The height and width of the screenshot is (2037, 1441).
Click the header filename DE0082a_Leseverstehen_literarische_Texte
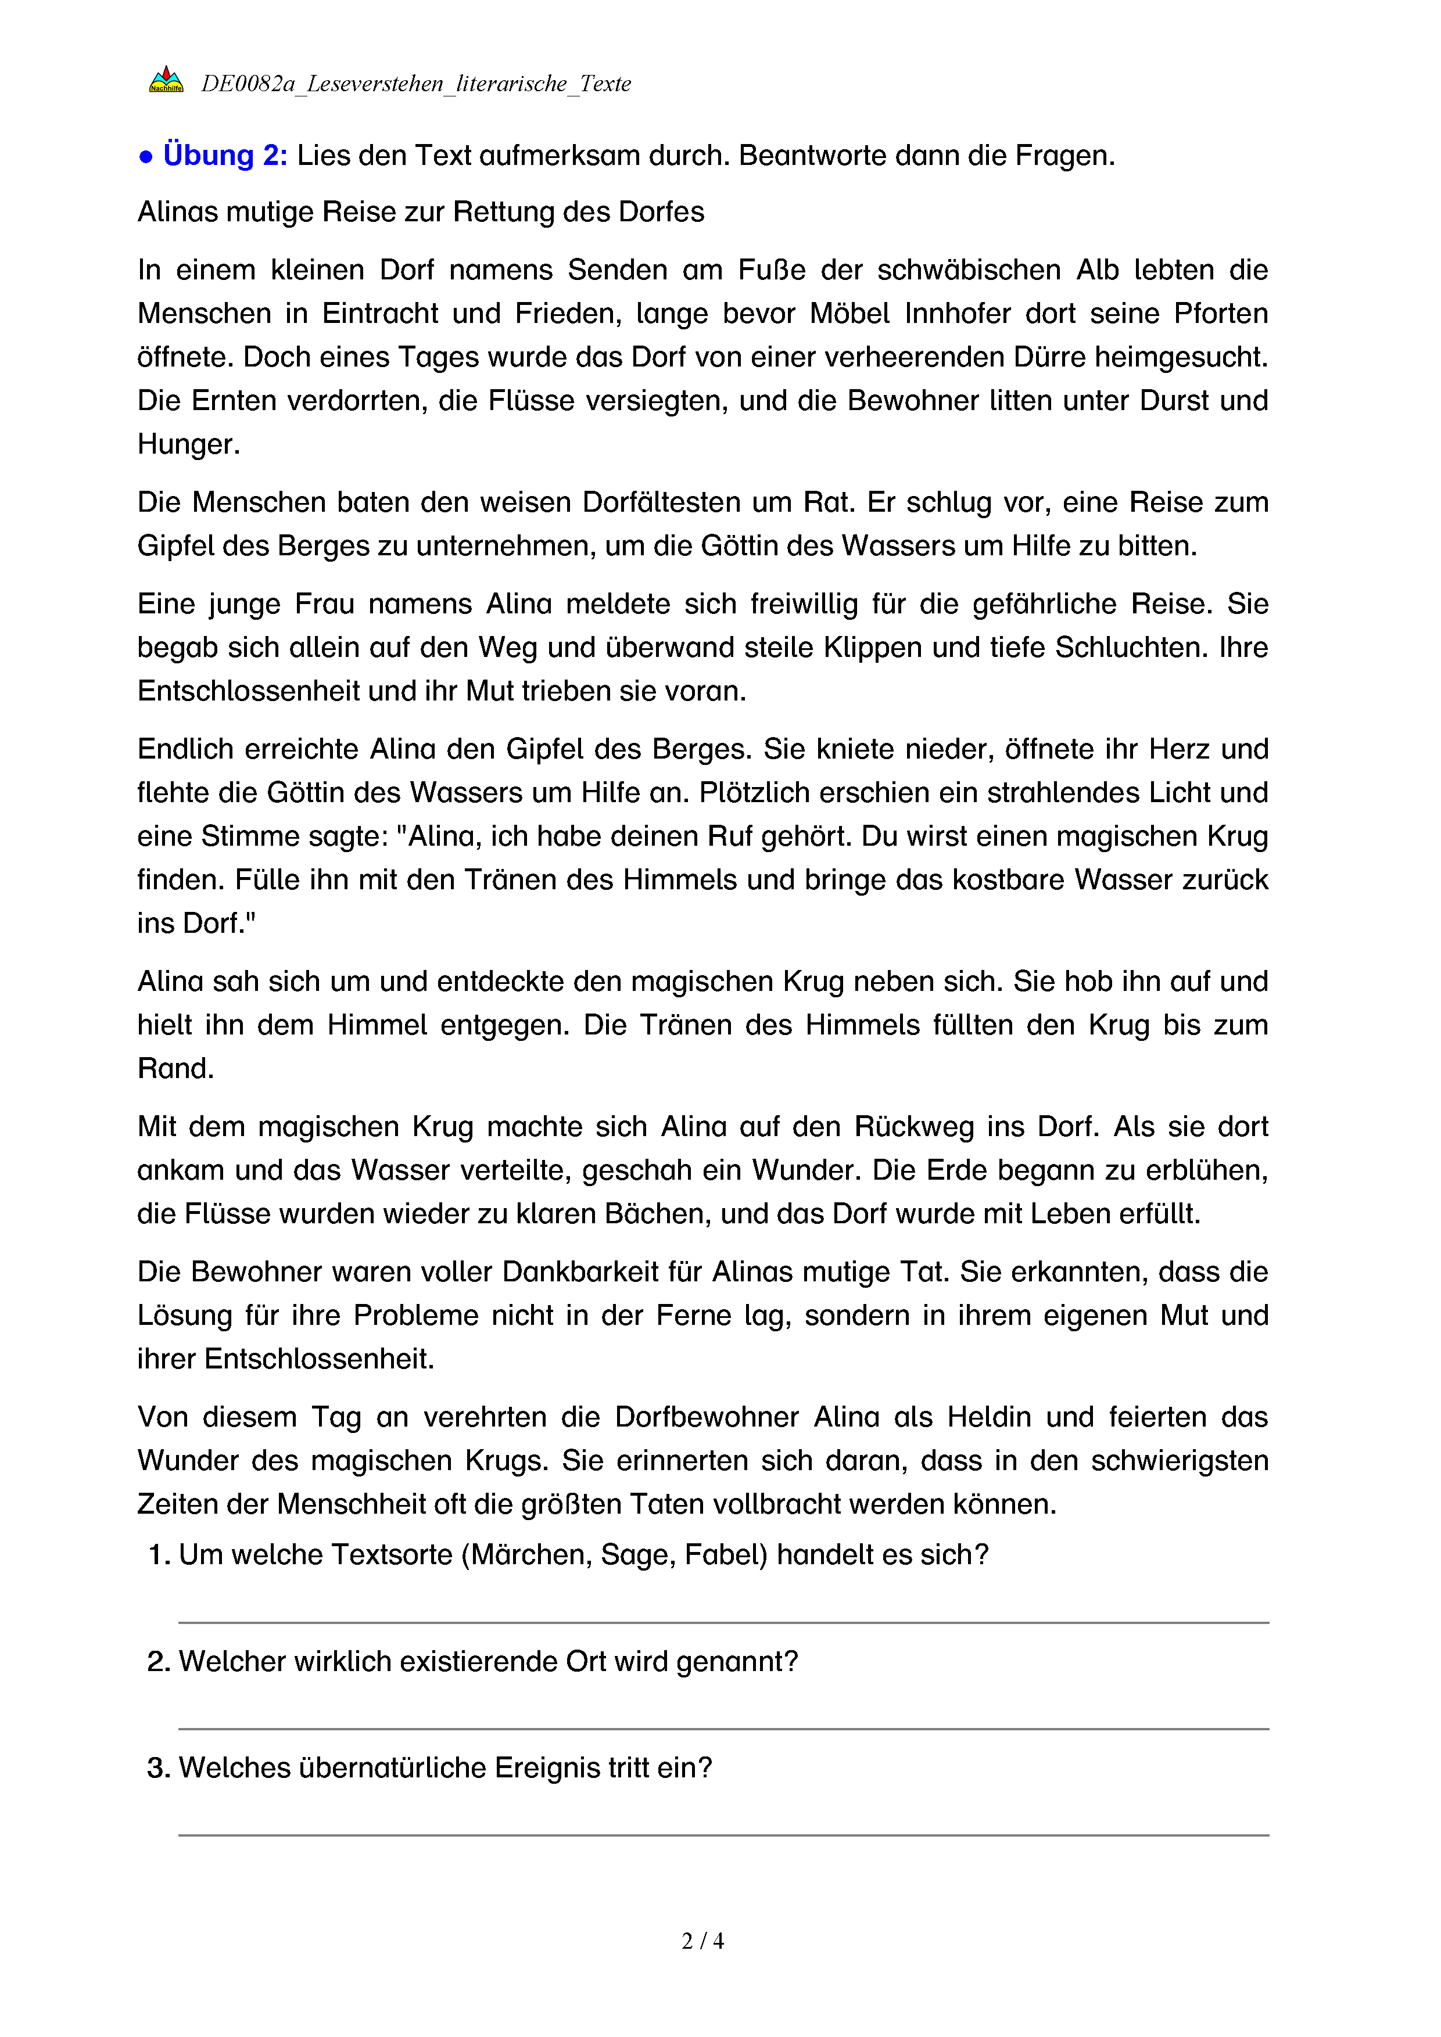[415, 84]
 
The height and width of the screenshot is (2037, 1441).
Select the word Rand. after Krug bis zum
[175, 1068]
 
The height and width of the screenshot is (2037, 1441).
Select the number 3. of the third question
[158, 1768]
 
